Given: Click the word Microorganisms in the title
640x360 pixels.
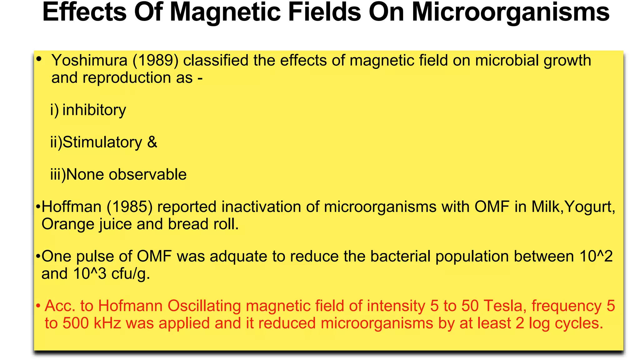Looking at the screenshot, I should tap(510, 12).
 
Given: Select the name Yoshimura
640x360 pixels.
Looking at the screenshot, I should tap(89, 60).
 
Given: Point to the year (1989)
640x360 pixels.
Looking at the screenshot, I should tap(156, 60).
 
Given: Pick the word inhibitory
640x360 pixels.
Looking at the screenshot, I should tap(94, 110).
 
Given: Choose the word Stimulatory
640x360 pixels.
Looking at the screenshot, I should tap(102, 142).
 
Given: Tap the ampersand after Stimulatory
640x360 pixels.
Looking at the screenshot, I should tap(152, 142).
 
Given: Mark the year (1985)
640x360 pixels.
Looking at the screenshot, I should tap(130, 207).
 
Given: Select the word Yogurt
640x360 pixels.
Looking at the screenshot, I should tap(590, 207).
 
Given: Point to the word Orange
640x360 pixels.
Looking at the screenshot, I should tap(68, 224).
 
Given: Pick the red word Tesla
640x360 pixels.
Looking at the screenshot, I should tap(503, 306).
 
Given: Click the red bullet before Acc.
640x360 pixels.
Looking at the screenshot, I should tap(38, 306).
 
